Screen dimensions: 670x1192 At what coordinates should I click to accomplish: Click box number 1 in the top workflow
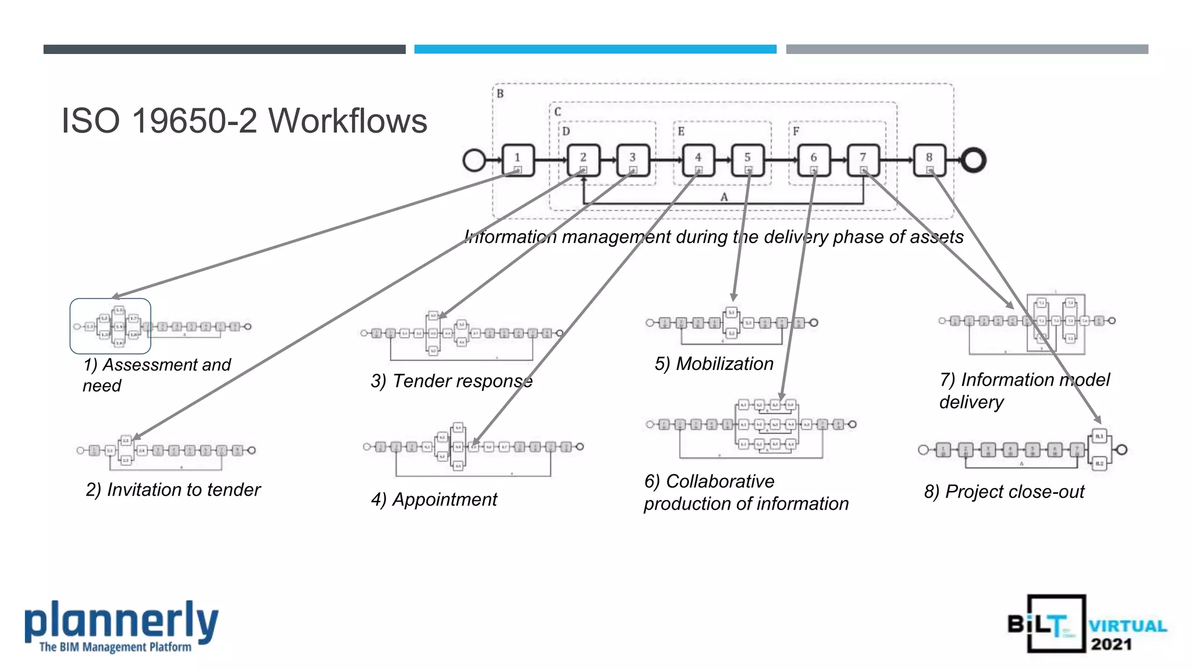pos(517,159)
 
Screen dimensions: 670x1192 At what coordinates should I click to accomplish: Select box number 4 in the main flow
pos(698,159)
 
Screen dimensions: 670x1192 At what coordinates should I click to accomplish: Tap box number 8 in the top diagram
pos(929,159)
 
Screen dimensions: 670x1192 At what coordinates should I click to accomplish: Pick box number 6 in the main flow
pos(813,159)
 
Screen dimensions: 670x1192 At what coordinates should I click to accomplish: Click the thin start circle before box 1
pos(474,160)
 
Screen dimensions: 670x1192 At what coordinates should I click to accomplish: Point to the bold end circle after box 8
pos(973,160)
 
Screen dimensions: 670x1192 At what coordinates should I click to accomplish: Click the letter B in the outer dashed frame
pos(500,94)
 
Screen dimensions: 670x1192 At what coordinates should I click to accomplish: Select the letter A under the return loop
pos(724,197)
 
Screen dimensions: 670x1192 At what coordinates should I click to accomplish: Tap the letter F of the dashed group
pos(796,131)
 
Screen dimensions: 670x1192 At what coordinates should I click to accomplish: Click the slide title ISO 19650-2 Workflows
pos(244,121)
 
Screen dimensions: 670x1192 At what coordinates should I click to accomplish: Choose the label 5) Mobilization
pos(714,363)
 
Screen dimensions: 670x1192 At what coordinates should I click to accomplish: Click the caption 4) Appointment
pos(434,499)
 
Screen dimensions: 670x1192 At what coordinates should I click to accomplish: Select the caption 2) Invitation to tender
pos(173,490)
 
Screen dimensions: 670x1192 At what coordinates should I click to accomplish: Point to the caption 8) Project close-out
pos(1004,491)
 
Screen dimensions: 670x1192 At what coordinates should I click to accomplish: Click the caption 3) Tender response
pos(452,381)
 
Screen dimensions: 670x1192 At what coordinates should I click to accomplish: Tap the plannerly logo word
pos(121,621)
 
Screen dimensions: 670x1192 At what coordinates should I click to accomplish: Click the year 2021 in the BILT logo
pos(1111,644)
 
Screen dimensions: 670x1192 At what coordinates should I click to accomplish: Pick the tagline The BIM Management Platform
pos(115,647)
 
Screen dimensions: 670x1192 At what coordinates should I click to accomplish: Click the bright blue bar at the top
pos(595,49)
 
